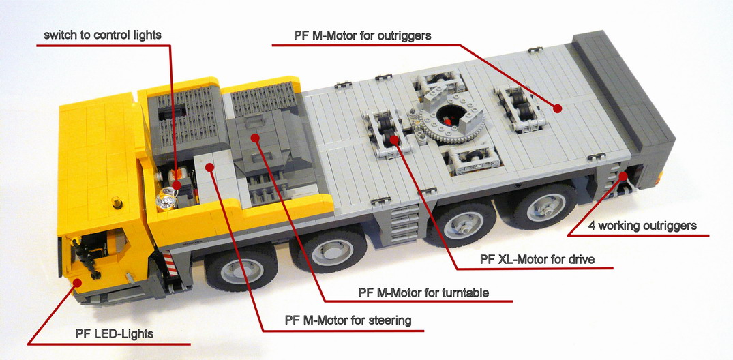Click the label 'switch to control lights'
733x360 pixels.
click(102, 35)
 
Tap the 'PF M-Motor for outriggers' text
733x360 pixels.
click(362, 35)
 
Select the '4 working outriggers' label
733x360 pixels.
click(642, 226)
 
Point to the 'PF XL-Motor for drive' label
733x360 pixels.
click(537, 259)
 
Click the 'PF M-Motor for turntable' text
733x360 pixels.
click(423, 292)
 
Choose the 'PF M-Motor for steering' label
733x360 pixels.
click(348, 320)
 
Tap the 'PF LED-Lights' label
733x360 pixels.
click(114, 334)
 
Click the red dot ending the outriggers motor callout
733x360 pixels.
click(557, 108)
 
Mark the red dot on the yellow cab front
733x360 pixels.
click(76, 282)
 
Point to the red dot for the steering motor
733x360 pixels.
click(210, 166)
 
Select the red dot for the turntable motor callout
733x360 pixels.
click(255, 138)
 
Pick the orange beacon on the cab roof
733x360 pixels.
click(116, 202)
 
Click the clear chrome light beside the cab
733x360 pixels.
click(166, 198)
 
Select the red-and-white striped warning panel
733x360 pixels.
click(170, 263)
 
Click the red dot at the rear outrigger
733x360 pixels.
click(623, 176)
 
